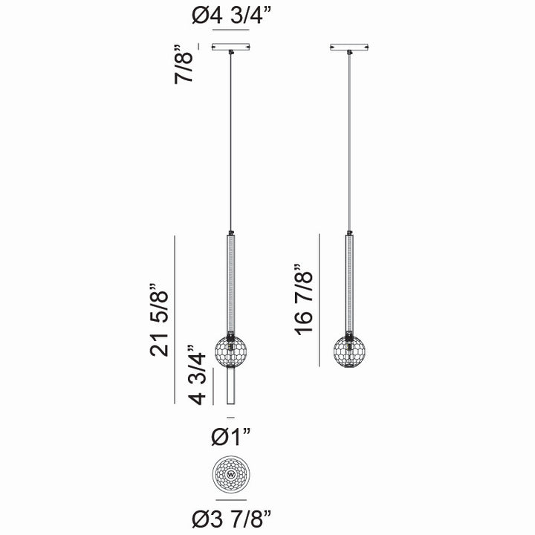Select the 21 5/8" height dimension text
[163, 320]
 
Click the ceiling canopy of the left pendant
[230, 48]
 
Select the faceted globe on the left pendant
[230, 351]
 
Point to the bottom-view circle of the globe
[230, 473]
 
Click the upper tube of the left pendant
[230, 282]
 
